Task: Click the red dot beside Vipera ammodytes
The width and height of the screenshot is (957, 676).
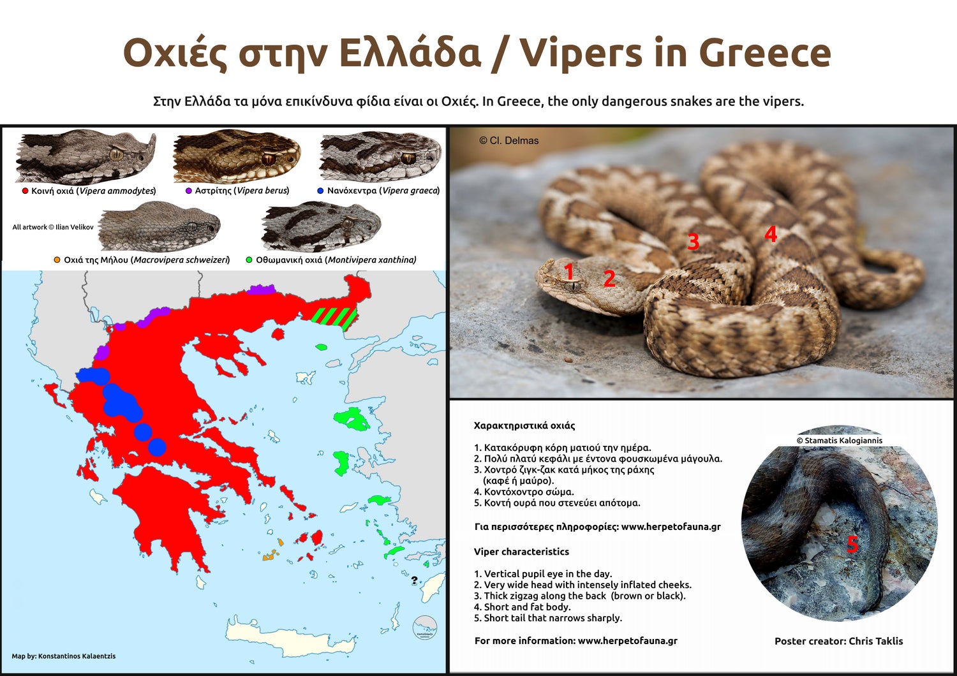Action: point(26,191)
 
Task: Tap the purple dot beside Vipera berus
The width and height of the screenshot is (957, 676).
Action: point(188,191)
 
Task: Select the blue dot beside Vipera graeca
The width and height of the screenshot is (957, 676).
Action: point(320,191)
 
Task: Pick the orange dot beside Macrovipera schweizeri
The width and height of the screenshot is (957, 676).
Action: point(57,260)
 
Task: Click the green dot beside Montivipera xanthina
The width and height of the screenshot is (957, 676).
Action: point(249,260)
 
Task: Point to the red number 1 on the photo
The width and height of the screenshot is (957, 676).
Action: point(568,272)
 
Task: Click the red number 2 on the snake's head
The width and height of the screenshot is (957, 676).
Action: point(609,279)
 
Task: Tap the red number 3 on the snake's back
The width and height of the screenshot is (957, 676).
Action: point(693,241)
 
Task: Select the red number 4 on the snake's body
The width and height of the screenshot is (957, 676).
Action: point(770,234)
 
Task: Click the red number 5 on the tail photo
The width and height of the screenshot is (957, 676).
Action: point(852,545)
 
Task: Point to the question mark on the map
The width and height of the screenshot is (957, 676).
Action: point(414,580)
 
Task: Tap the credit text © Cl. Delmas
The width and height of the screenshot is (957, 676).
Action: point(508,140)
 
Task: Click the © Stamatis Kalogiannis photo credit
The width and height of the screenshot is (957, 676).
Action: point(839,440)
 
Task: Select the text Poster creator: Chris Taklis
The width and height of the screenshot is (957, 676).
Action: point(839,641)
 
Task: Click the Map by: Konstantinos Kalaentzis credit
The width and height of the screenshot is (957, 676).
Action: point(64,656)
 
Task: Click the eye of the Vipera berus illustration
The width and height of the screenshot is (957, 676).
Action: point(269,159)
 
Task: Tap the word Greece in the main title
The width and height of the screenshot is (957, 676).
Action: point(765,53)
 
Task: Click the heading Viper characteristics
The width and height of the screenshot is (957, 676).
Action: point(521,551)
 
